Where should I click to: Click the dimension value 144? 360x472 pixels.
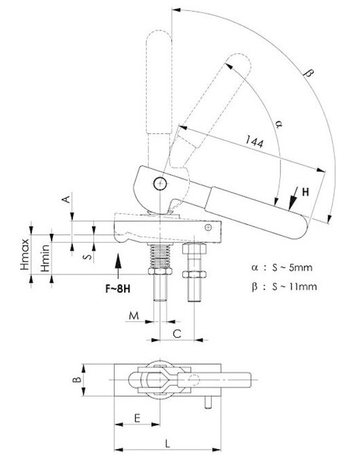pos(254,142)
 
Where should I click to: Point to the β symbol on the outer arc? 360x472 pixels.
pos(309,73)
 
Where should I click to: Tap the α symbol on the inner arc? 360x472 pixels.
pos(279,124)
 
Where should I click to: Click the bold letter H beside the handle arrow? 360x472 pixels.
pos(305,192)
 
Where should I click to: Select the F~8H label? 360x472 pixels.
pos(118,289)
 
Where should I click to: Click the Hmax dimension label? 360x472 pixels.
pos(25,254)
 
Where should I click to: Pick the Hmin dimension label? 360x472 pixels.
pos(45,258)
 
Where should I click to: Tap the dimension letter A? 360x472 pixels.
pos(66,199)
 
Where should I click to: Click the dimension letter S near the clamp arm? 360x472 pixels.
pos(88,257)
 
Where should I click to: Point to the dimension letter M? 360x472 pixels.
pos(134,316)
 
